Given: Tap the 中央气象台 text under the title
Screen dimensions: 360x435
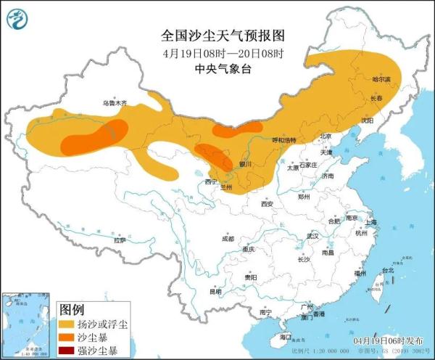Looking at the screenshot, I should click(x=217, y=69).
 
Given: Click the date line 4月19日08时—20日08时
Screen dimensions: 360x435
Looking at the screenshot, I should click(x=217, y=53).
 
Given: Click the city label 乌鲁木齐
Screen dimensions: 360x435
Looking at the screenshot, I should click(x=114, y=103).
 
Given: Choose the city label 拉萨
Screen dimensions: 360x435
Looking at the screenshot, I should click(x=120, y=240).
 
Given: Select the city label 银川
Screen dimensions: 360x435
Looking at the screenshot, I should click(x=245, y=164).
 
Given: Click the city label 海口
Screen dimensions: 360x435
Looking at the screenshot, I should click(x=286, y=337).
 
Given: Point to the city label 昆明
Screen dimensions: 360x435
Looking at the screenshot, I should click(x=215, y=291).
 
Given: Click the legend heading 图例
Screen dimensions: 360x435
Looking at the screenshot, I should click(x=72, y=308).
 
